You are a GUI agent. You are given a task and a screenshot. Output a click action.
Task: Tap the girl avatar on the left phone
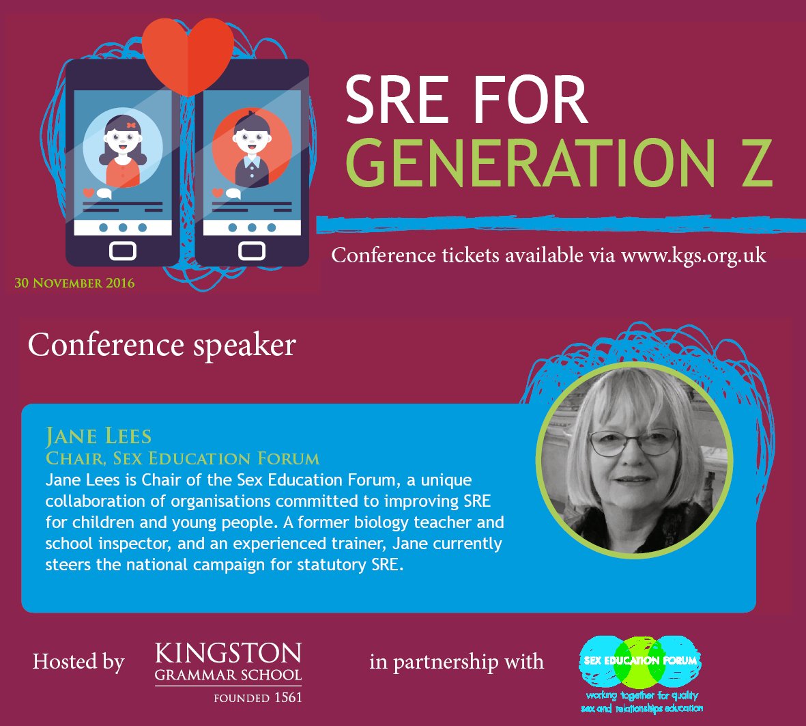click(123, 148)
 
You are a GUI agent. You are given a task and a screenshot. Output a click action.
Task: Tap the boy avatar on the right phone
click(251, 148)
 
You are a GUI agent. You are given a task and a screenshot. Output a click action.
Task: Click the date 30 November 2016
click(74, 283)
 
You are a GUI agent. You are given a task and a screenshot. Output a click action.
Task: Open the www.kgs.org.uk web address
click(693, 255)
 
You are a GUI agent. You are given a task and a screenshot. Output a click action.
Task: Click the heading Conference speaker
click(162, 345)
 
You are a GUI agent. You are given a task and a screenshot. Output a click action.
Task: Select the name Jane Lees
click(98, 436)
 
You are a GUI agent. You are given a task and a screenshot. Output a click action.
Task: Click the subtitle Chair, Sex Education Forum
click(182, 458)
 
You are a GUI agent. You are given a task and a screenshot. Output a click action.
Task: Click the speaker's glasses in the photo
click(633, 442)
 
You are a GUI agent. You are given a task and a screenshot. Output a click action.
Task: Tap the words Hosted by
click(78, 662)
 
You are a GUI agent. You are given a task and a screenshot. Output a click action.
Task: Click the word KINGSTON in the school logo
click(228, 654)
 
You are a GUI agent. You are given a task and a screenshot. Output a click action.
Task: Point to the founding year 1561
click(287, 698)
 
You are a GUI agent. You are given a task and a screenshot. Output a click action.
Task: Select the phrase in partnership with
click(457, 662)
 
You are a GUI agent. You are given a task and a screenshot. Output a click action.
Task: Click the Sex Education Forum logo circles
click(639, 660)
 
